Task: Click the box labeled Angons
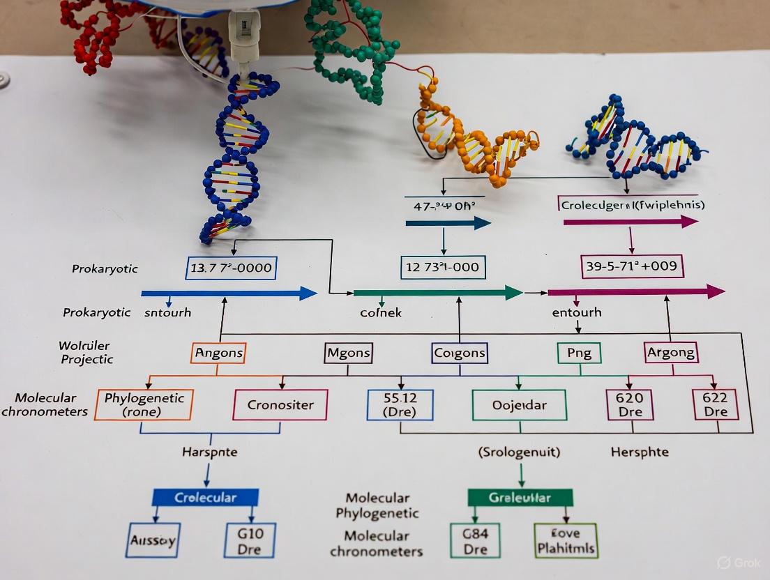point(218,353)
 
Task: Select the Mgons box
point(349,353)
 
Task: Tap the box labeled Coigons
point(459,353)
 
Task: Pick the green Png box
point(579,353)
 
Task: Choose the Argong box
point(670,353)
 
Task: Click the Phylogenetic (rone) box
point(144,404)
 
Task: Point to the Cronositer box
point(280,404)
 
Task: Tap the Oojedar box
point(519,404)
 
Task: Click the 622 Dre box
point(715,404)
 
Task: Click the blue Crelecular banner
point(205,497)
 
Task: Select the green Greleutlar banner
point(520,497)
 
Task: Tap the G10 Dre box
point(249,540)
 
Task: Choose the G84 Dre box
point(475,540)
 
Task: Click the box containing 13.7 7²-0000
point(232,268)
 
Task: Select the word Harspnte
point(209,452)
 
